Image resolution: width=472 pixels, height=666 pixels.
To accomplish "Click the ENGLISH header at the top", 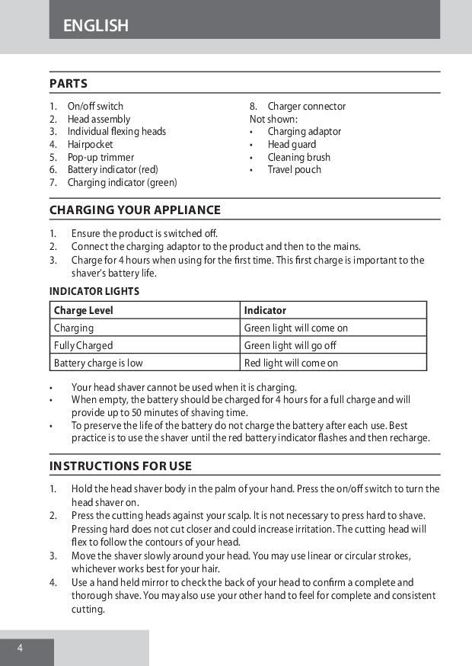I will pyautogui.click(x=96, y=26).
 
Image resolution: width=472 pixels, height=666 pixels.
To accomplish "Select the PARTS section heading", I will pyautogui.click(x=69, y=84).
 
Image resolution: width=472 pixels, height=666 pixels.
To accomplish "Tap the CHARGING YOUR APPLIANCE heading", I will pyautogui.click(x=135, y=210).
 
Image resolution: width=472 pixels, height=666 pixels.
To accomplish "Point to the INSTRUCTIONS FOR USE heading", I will pyautogui.click(x=120, y=466).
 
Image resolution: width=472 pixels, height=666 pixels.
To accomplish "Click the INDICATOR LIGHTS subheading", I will pyautogui.click(x=94, y=291).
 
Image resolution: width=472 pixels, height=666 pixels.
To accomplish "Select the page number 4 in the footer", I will pyautogui.click(x=21, y=648).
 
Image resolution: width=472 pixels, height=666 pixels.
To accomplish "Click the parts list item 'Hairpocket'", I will pyautogui.click(x=90, y=144).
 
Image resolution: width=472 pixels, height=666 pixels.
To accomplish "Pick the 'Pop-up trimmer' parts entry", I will pyautogui.click(x=100, y=157).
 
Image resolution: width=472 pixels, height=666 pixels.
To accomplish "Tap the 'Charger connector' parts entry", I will pyautogui.click(x=306, y=107).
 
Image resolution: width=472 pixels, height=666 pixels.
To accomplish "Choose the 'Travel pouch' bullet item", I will pyautogui.click(x=294, y=170).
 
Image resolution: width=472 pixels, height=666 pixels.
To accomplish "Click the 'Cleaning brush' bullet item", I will pyautogui.click(x=298, y=157).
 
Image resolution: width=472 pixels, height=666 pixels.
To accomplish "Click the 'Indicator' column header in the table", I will pyautogui.click(x=265, y=310).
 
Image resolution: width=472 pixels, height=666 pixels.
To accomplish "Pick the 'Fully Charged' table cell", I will pyautogui.click(x=83, y=345).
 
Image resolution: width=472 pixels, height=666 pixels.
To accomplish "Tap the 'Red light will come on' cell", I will pyautogui.click(x=291, y=363).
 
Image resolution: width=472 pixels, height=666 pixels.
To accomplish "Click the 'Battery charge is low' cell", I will pyautogui.click(x=98, y=363).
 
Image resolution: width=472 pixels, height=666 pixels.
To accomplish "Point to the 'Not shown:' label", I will pyautogui.click(x=273, y=119).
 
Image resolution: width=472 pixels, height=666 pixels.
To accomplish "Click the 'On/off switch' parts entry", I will pyautogui.click(x=95, y=107).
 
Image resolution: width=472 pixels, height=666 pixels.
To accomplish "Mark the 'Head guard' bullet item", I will pyautogui.click(x=292, y=144).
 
